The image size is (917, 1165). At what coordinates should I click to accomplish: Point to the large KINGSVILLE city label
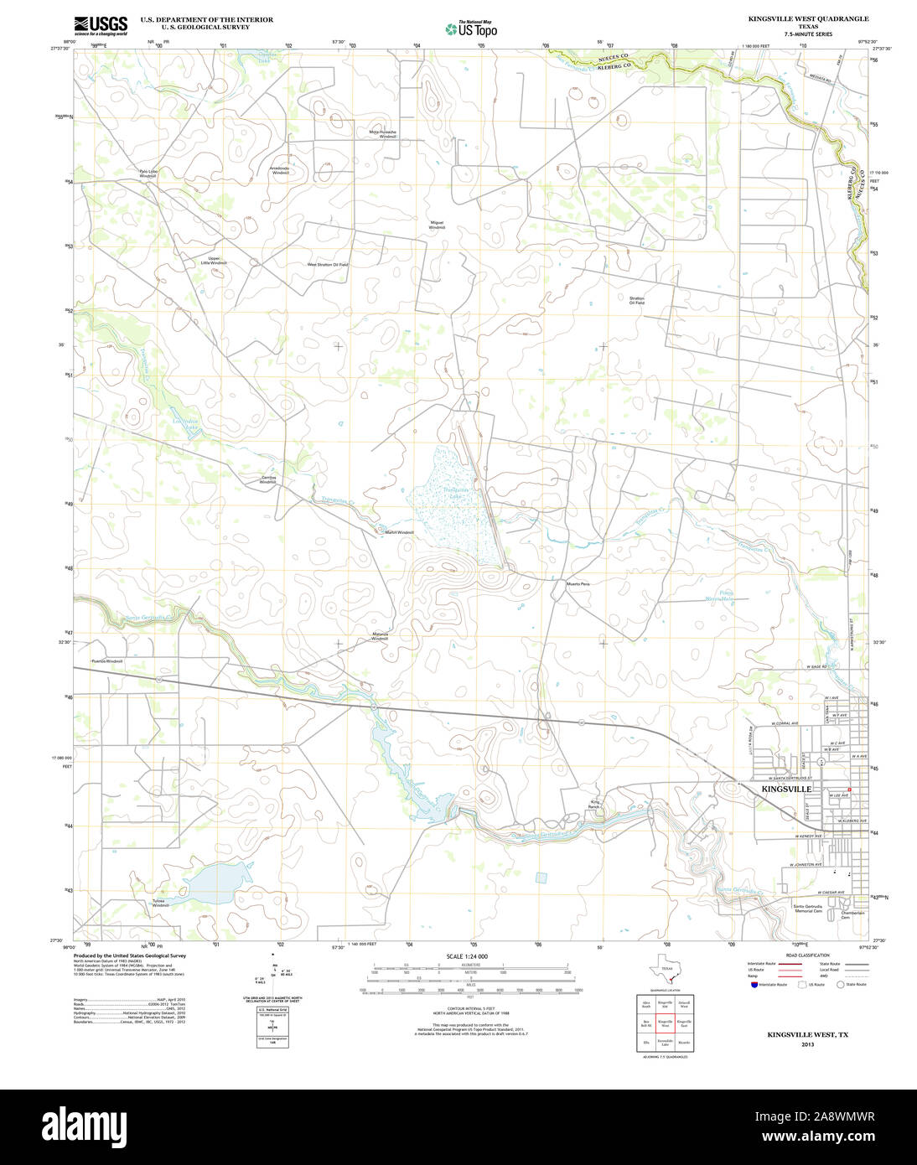785,790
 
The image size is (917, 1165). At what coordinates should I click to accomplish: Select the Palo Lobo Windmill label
148,173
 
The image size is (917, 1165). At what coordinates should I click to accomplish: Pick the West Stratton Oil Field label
327,264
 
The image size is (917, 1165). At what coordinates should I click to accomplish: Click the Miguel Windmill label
437,225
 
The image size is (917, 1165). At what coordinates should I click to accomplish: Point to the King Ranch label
595,804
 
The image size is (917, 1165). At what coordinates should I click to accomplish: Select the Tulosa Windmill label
160,903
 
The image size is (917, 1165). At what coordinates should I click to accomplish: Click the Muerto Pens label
578,583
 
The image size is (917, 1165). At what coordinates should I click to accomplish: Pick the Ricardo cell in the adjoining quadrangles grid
684,1042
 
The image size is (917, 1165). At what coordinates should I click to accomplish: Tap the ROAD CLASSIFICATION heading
808,955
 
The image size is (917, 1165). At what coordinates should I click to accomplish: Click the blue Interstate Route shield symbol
754,984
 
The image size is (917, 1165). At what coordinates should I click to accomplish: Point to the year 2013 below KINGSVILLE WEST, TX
807,1044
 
